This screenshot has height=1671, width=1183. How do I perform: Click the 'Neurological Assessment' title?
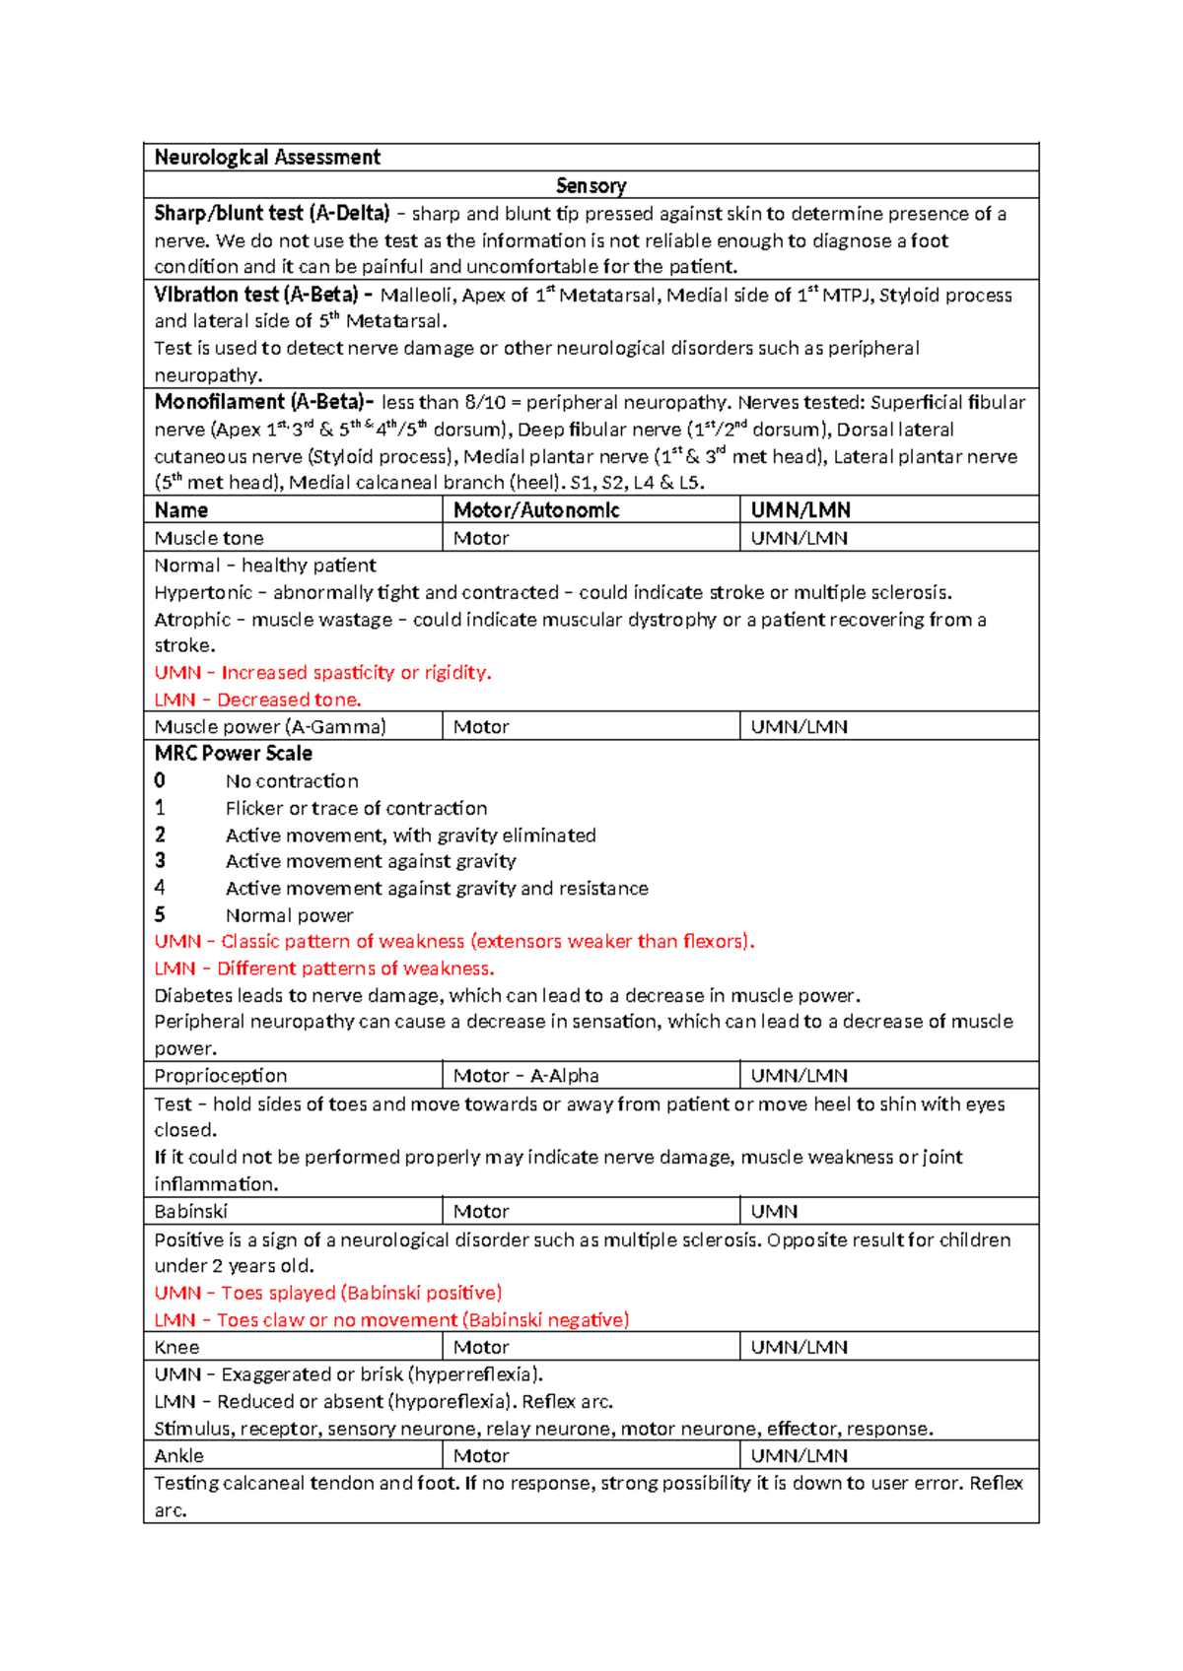(x=267, y=158)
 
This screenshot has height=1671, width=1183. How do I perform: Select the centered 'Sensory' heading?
(x=591, y=185)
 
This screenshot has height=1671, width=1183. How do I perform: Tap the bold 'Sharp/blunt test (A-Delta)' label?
(x=272, y=214)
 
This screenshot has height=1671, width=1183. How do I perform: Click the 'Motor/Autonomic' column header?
(x=536, y=509)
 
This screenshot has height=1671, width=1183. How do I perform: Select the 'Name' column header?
(x=181, y=509)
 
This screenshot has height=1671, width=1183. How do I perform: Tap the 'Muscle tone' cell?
(x=209, y=538)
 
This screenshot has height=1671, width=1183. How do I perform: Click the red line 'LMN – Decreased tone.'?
(x=258, y=700)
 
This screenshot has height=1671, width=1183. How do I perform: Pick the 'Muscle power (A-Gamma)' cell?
(x=270, y=727)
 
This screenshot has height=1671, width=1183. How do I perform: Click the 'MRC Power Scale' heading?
(x=234, y=754)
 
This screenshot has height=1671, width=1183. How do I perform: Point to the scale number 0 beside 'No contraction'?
(x=160, y=780)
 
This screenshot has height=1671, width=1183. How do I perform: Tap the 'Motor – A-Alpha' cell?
(x=525, y=1076)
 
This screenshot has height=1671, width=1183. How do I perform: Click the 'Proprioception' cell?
(x=221, y=1076)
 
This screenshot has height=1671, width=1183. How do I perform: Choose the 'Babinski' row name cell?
(x=191, y=1212)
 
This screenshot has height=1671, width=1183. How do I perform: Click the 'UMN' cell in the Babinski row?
(x=774, y=1212)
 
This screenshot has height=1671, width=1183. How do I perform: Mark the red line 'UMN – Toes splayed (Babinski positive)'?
(x=328, y=1293)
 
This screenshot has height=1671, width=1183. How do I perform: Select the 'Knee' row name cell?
(x=177, y=1347)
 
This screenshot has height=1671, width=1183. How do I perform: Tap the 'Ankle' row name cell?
(x=179, y=1455)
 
